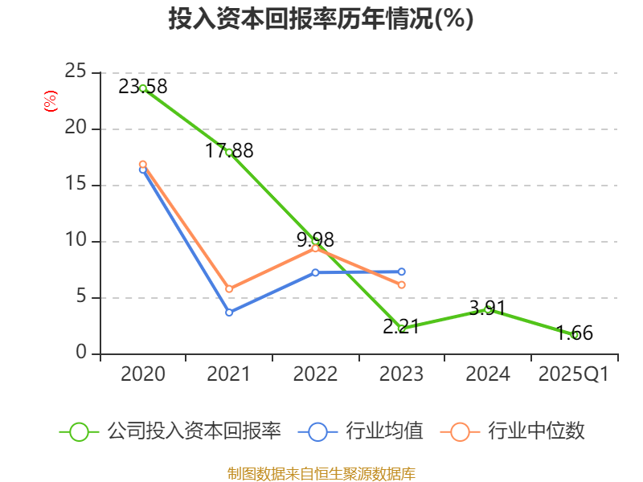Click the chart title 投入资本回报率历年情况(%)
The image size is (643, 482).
click(321, 19)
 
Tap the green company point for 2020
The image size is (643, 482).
click(143, 88)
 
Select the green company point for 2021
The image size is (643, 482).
click(229, 152)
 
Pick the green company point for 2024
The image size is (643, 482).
click(488, 308)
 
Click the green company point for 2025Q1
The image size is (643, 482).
click(575, 335)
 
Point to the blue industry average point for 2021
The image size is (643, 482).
click(229, 312)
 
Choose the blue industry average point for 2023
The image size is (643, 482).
click(402, 272)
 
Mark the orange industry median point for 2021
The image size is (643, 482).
click(229, 289)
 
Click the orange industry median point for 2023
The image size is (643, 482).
click(402, 285)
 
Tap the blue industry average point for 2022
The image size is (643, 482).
click(316, 272)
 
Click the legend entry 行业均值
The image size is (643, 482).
click(361, 431)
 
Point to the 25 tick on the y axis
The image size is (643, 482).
click(76, 71)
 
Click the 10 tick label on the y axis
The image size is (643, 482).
click(76, 240)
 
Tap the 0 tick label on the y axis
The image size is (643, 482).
click(81, 353)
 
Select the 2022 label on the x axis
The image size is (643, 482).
click(315, 374)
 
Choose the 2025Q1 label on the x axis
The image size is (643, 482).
click(573, 374)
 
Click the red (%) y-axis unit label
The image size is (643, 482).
click(50, 102)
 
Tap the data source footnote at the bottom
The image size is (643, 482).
click(321, 473)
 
